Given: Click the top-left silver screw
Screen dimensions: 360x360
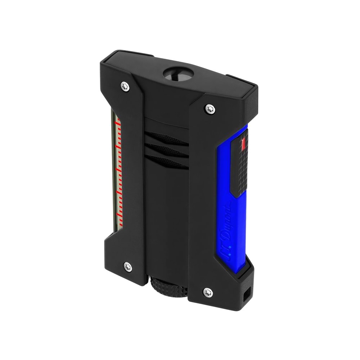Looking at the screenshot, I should click(x=125, y=85).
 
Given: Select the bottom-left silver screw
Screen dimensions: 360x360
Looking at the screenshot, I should click(x=127, y=266).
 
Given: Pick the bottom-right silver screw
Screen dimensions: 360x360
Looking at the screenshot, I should click(x=208, y=293).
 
